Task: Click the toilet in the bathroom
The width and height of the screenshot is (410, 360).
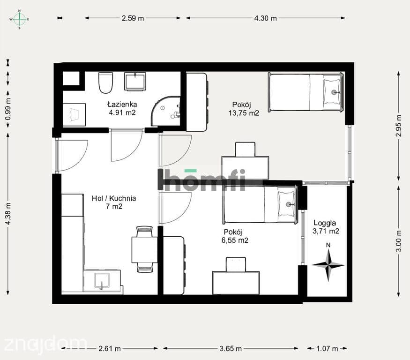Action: (x=105, y=82)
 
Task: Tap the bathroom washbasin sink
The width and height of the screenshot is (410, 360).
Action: (x=135, y=82)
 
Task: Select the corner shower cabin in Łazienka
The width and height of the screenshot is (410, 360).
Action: (x=166, y=111)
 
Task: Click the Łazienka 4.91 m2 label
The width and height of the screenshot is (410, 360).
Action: (x=122, y=108)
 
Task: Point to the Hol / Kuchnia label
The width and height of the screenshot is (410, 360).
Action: (x=114, y=198)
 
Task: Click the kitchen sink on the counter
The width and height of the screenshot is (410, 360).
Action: (x=102, y=281)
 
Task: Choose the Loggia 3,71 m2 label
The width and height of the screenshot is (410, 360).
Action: (x=326, y=227)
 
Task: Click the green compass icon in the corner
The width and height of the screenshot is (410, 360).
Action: (x=19, y=19)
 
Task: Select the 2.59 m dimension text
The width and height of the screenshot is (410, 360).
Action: (x=133, y=18)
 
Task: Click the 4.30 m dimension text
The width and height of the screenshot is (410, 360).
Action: (x=265, y=18)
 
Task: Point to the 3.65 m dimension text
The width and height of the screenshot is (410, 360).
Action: (x=231, y=348)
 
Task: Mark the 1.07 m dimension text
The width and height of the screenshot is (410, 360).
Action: (x=327, y=348)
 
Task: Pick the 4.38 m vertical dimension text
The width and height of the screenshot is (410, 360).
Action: (x=8, y=214)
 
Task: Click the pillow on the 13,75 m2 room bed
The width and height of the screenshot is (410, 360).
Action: (x=332, y=92)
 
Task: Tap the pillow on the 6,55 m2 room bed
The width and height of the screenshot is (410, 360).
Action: (x=286, y=204)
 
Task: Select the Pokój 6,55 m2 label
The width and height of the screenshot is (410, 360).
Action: (x=235, y=236)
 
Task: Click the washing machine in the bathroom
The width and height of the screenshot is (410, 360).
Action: (x=74, y=114)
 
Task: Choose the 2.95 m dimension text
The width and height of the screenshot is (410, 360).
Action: (x=398, y=126)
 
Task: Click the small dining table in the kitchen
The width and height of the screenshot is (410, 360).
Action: (x=145, y=249)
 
